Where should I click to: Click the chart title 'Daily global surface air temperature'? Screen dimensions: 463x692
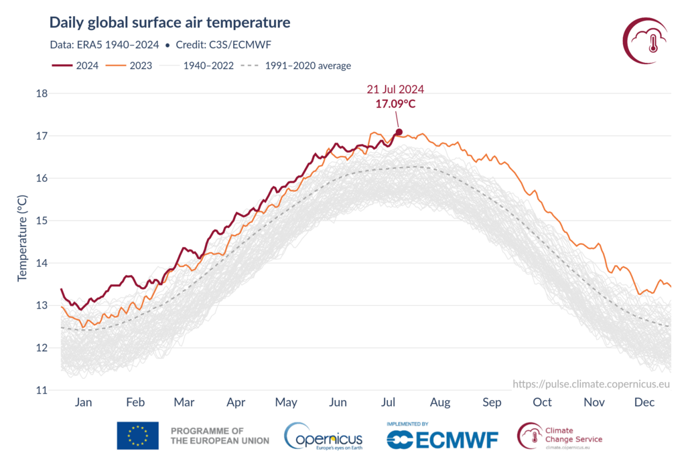[169, 23]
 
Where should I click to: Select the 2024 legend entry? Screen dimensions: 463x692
[76, 66]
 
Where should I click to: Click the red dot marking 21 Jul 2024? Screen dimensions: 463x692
[399, 132]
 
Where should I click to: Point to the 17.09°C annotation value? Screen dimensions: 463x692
[395, 104]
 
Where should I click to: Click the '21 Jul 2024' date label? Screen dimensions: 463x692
[395, 89]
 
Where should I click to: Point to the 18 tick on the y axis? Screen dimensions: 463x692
[42, 93]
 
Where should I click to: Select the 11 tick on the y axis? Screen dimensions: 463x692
[42, 390]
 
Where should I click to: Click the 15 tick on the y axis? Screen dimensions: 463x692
[42, 220]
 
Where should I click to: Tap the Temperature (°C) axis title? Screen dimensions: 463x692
[22, 238]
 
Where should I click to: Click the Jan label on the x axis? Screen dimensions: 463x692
[83, 402]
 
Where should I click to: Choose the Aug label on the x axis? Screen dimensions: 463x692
[439, 402]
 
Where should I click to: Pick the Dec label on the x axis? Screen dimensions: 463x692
[644, 402]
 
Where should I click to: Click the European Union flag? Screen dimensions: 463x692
[137, 436]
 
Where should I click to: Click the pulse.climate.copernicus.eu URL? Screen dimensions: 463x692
[591, 383]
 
